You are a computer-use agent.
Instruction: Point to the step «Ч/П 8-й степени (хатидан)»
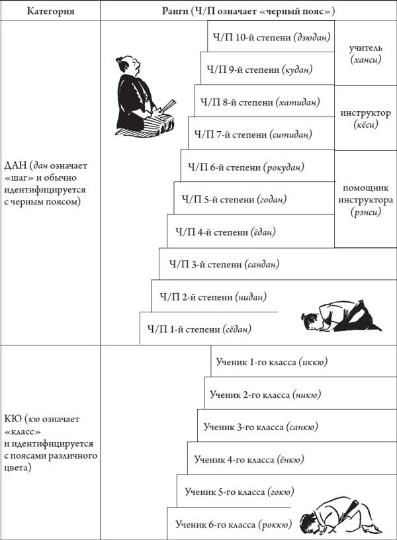pos(257,102)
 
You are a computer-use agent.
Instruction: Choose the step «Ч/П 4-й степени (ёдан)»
pos(226,232)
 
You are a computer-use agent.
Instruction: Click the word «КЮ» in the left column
pos(12,420)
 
